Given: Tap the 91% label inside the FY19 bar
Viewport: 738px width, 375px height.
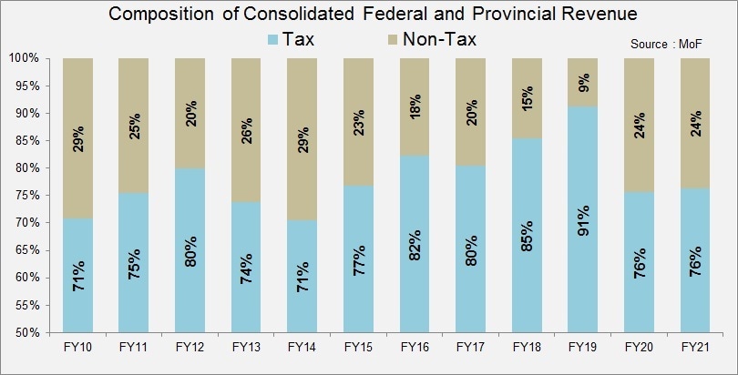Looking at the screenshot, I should tap(584, 219).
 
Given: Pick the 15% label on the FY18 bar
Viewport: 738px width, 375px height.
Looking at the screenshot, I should tap(528, 100).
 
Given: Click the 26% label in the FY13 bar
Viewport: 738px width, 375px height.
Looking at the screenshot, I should tap(248, 131).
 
